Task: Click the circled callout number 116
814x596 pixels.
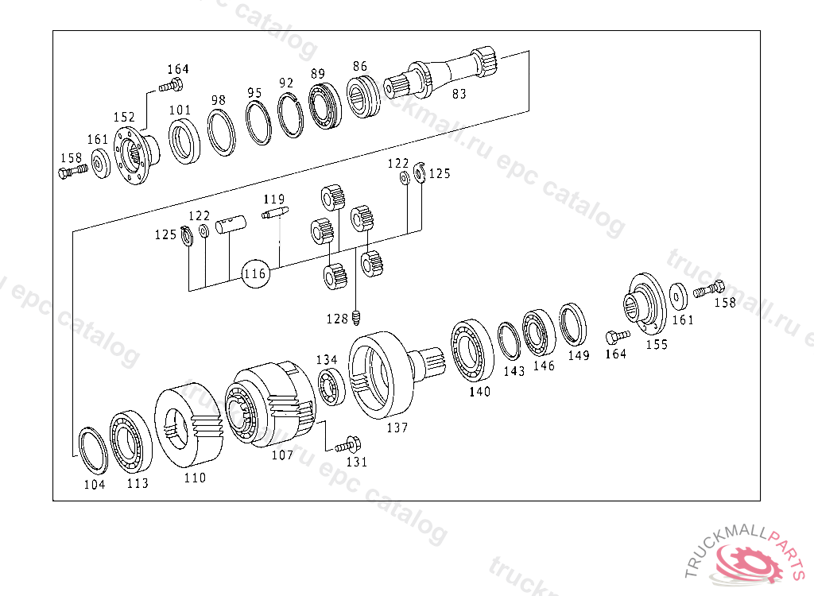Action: tap(255, 273)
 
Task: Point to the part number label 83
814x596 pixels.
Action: tap(459, 94)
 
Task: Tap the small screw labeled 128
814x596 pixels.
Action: tap(356, 318)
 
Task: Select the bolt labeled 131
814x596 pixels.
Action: tap(348, 446)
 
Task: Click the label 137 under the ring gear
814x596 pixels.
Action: tap(397, 428)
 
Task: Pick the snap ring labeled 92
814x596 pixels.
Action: tap(290, 114)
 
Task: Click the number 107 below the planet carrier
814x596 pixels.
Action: tap(282, 455)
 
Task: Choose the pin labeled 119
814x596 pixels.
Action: tap(274, 212)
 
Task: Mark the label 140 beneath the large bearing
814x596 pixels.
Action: tap(479, 392)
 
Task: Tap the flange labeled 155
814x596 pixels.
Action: tap(645, 304)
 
